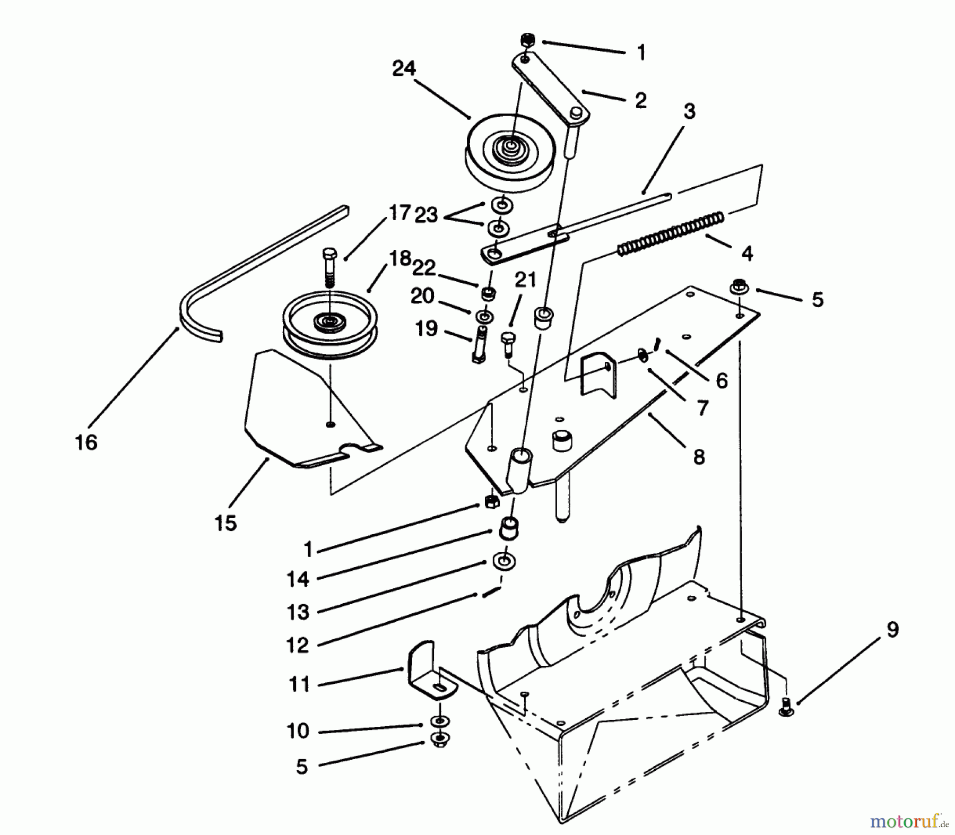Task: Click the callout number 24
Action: [404, 68]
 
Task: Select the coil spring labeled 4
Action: [671, 232]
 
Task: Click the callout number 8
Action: [699, 456]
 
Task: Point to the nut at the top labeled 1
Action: [527, 40]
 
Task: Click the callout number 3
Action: [689, 111]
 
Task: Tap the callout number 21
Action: [525, 280]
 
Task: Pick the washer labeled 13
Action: [505, 561]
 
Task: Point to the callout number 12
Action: [298, 645]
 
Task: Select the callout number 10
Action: [298, 730]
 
